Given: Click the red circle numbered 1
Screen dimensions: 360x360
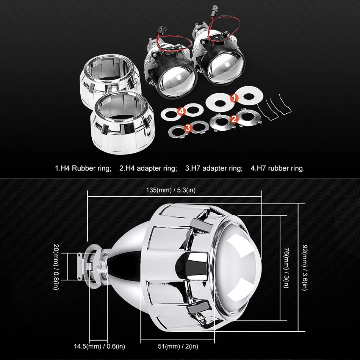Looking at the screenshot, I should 234,98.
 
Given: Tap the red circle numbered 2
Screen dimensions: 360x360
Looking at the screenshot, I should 234,119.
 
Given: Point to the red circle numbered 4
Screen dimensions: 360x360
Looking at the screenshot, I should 182,111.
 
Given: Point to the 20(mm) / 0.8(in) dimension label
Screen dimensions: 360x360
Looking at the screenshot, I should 56,267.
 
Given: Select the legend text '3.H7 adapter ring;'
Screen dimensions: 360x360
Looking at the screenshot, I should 214,168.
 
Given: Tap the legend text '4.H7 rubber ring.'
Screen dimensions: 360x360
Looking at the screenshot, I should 277,168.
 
